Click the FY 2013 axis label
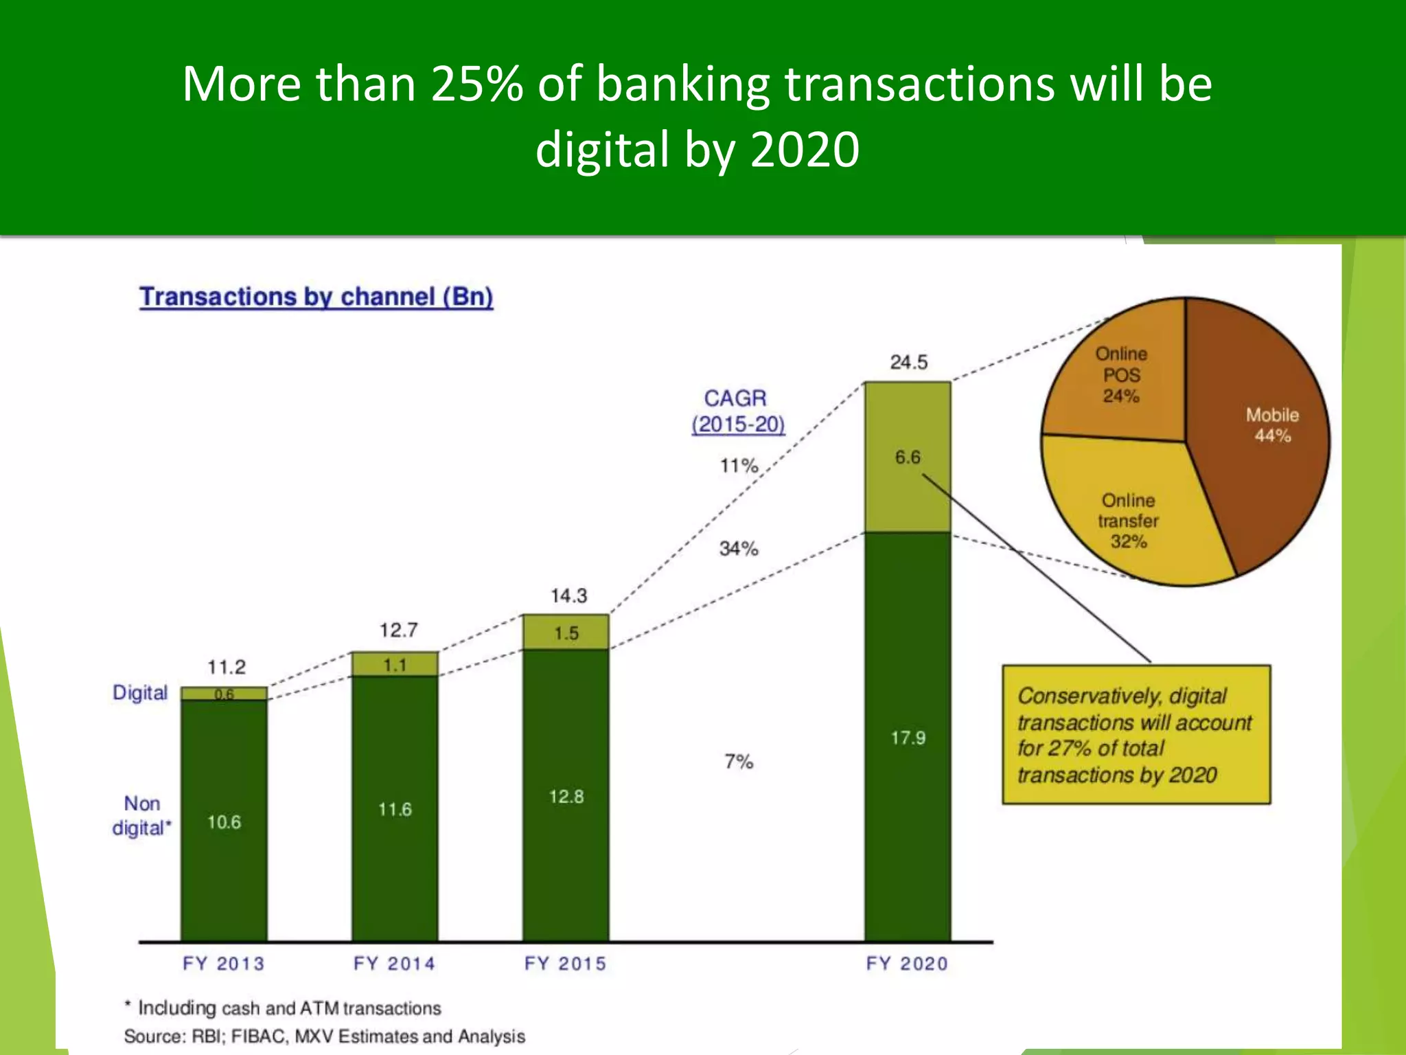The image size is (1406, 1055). point(223,964)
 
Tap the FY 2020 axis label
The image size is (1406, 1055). point(907,964)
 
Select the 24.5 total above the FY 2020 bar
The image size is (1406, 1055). point(908,362)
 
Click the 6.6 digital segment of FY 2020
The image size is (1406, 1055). point(908,457)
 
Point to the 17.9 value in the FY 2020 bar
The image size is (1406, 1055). point(908,738)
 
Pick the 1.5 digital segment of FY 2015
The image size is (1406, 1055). point(566,633)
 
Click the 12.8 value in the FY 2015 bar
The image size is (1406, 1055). point(566,796)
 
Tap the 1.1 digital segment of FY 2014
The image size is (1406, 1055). point(395,665)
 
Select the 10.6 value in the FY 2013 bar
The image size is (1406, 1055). point(224,821)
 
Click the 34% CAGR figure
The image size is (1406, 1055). point(739,548)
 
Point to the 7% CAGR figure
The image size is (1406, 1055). point(739,761)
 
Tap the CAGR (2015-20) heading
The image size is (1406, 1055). point(737,411)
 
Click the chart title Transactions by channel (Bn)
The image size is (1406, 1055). point(316,297)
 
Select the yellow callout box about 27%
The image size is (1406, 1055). point(1136,734)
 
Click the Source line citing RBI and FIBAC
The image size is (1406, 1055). point(324,1036)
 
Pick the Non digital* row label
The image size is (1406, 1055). point(141,815)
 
